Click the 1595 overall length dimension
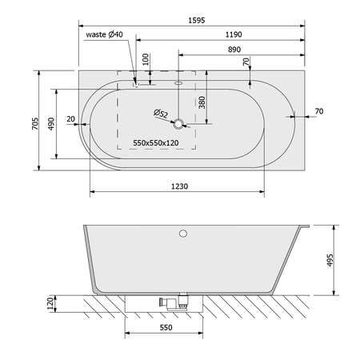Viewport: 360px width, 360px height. (x=197, y=20)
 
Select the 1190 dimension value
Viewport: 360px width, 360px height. (x=234, y=34)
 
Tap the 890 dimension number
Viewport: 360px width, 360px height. (x=234, y=50)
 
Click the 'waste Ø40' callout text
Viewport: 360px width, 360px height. (x=104, y=34)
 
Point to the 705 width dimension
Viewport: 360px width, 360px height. (x=35, y=124)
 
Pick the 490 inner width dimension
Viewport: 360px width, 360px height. (x=51, y=124)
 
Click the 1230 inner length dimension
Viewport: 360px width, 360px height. (x=179, y=186)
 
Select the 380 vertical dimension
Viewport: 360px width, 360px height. (x=202, y=102)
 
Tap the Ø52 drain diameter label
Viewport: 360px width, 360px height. (x=161, y=114)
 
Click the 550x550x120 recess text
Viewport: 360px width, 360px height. (x=156, y=143)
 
